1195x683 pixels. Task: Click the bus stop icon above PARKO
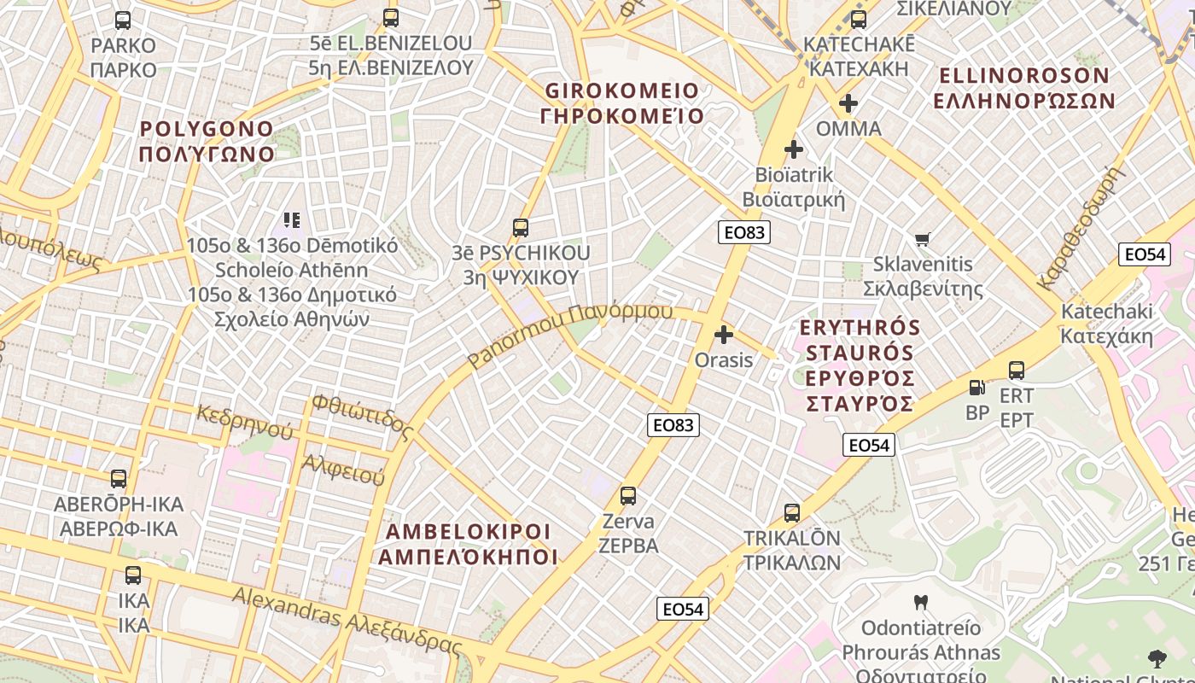coord(123,20)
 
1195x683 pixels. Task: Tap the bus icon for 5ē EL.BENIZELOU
coord(391,17)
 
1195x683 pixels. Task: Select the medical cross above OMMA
coord(848,104)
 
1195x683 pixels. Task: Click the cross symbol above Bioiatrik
coord(794,149)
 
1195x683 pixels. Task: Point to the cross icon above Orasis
coord(724,335)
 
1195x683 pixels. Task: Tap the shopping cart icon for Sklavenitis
coord(922,240)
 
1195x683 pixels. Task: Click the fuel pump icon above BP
coord(976,388)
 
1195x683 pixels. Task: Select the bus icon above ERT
coord(1016,371)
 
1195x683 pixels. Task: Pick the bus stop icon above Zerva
coord(628,495)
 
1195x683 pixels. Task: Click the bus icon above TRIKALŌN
coord(792,513)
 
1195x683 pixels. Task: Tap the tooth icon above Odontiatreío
coord(919,603)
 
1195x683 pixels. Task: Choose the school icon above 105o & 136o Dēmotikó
coord(292,220)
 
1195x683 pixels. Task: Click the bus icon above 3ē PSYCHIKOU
coord(520,228)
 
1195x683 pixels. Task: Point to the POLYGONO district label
coord(207,142)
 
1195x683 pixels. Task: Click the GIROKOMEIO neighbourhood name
coord(622,103)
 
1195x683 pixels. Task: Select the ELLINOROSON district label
coord(1024,88)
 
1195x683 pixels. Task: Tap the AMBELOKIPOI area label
coord(468,544)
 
